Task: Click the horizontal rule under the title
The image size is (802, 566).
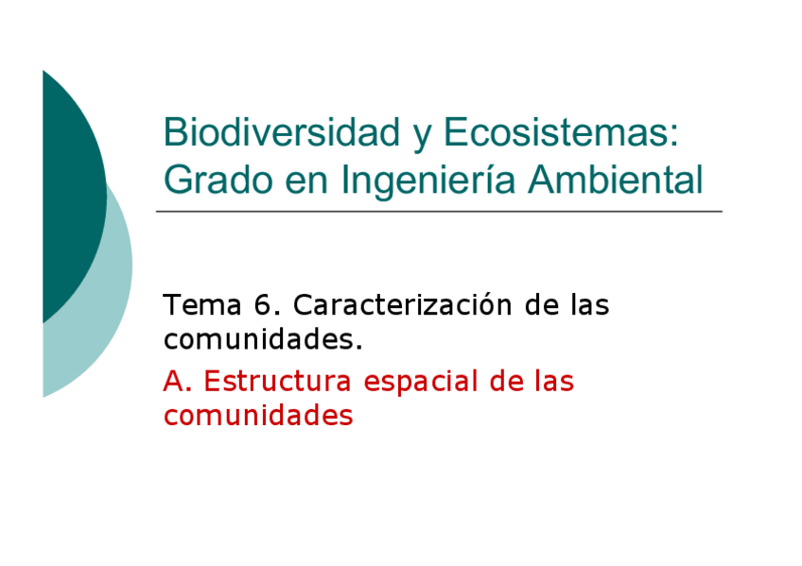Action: click(439, 212)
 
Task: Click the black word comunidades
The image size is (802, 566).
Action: click(261, 338)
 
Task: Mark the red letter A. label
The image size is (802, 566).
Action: click(177, 382)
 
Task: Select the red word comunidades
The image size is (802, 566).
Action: click(258, 415)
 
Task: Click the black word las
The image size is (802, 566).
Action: click(589, 306)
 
